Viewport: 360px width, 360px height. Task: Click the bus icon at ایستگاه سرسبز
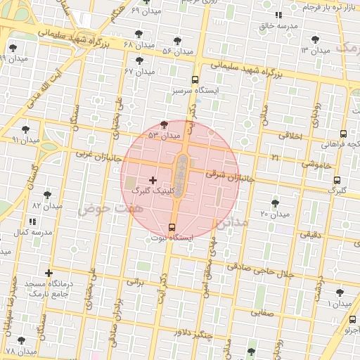point(195,80)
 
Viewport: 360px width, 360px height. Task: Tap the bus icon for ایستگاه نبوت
point(172,226)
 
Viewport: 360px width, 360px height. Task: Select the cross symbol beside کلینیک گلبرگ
point(153,181)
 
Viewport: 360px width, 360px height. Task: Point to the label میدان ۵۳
point(164,134)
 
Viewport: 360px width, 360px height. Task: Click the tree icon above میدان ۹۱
point(26,129)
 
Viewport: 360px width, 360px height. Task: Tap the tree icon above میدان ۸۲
point(47,195)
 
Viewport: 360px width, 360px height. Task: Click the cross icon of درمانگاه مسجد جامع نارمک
point(49,273)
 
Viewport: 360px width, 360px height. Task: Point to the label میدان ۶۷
point(139,71)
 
